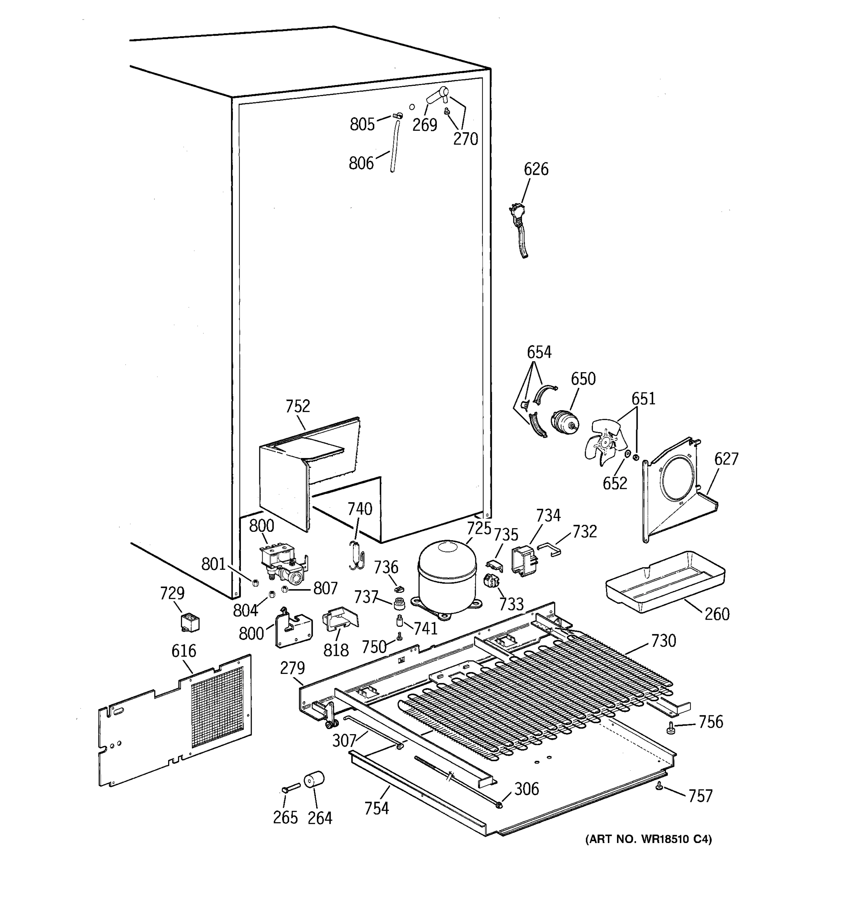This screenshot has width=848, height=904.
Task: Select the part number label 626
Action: click(x=536, y=169)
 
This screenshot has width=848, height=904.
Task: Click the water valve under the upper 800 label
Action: click(x=282, y=564)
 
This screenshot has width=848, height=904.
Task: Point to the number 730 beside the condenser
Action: click(x=663, y=641)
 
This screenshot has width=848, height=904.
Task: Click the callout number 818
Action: click(x=336, y=650)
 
